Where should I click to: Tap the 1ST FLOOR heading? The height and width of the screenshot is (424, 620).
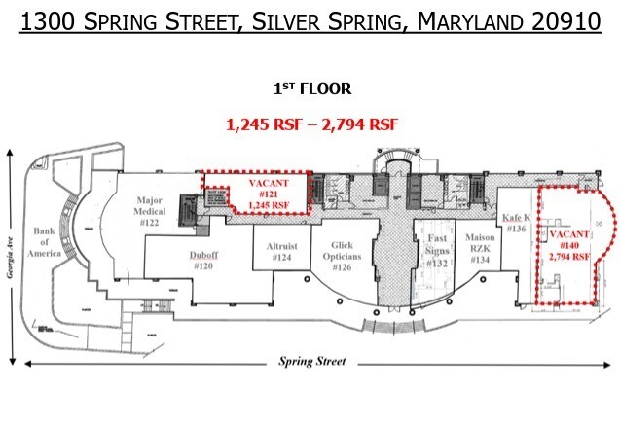pos(311,88)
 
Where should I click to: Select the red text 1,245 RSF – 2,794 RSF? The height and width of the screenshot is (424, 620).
pos(311,124)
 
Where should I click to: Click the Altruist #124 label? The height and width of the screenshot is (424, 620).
pos(282,252)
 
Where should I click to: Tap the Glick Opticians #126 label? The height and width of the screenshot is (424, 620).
pos(342,255)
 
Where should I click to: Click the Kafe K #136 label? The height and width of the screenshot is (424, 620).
pos(516,223)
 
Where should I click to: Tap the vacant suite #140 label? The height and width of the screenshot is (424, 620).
pos(569,246)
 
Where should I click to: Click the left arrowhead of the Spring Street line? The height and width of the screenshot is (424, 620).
pos(29,363)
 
